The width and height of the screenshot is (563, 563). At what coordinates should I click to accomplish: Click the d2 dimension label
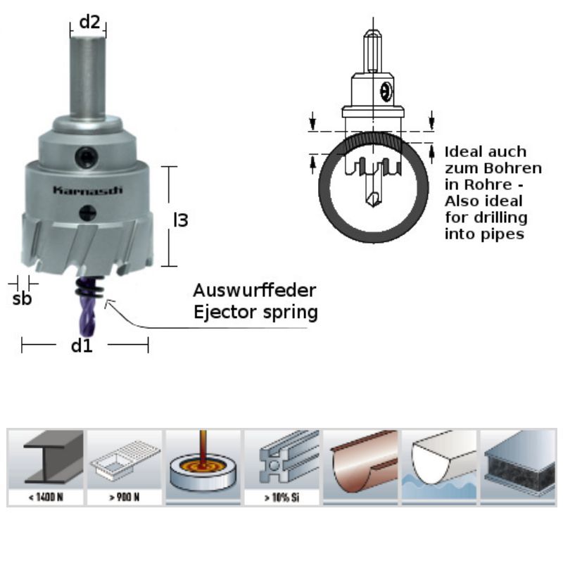pyautogui.click(x=89, y=22)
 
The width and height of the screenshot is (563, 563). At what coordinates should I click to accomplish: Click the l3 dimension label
pyautogui.click(x=181, y=220)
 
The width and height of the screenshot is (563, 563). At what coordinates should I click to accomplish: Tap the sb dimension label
pyautogui.click(x=23, y=298)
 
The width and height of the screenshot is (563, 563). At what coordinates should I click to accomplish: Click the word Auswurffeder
pyautogui.click(x=255, y=291)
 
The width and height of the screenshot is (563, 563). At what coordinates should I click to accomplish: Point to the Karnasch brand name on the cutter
pyautogui.click(x=88, y=189)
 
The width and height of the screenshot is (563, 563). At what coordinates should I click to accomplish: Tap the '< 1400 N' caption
pyautogui.click(x=46, y=498)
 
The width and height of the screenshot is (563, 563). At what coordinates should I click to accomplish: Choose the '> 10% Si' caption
pyautogui.click(x=281, y=498)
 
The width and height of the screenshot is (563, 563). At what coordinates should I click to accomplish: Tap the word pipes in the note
pyautogui.click(x=502, y=234)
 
